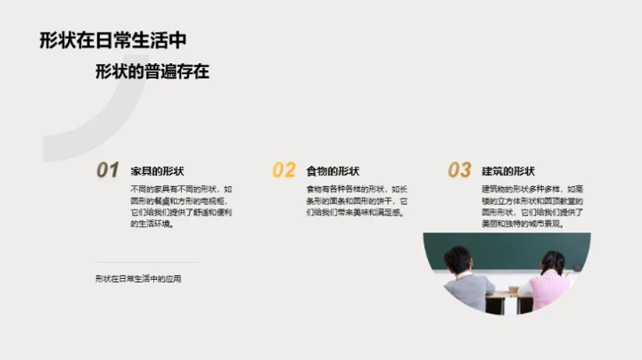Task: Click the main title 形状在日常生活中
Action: tap(113, 40)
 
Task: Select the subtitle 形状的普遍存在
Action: tap(152, 72)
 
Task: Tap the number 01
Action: tap(108, 169)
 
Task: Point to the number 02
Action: tap(284, 169)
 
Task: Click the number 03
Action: tap(459, 169)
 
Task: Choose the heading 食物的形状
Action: tap(333, 171)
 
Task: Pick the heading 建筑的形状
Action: tap(508, 171)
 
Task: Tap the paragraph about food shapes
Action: tap(358, 201)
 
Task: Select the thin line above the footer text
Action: tap(146, 262)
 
